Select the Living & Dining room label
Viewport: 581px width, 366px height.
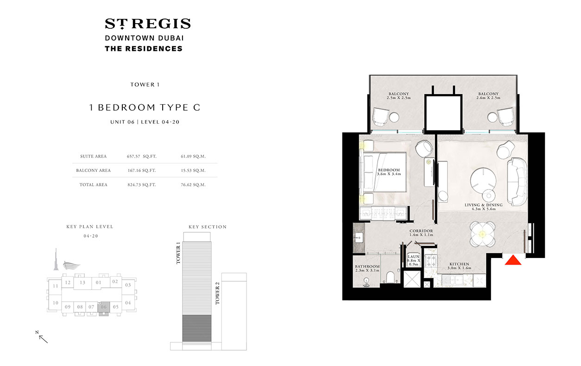(x=480, y=207)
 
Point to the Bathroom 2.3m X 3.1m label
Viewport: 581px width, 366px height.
(x=367, y=269)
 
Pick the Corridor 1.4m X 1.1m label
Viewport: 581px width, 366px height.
(x=421, y=233)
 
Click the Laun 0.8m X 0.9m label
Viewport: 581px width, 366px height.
(x=413, y=260)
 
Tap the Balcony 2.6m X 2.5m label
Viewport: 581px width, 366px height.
(x=488, y=96)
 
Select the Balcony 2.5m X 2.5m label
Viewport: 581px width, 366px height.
(x=398, y=96)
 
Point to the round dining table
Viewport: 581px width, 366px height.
(x=482, y=234)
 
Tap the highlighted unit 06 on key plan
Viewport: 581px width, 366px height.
(x=104, y=307)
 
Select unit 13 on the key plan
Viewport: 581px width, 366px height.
(x=82, y=282)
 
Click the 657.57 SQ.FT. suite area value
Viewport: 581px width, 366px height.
(x=141, y=157)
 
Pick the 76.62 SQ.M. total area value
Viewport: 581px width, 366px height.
(x=193, y=184)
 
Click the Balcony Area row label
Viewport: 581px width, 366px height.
(x=93, y=170)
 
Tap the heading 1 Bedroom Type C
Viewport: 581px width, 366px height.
(x=145, y=107)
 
